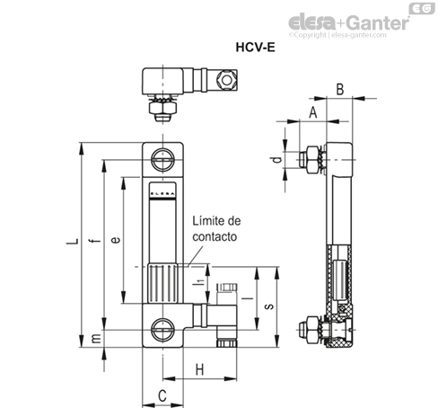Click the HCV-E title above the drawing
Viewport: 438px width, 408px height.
pos(255,48)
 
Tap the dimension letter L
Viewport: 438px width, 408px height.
pos(72,241)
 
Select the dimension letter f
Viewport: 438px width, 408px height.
pos(95,240)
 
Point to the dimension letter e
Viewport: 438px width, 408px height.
pos(116,240)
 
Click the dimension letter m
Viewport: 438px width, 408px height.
pos(96,339)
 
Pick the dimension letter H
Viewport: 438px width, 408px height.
pos(199,369)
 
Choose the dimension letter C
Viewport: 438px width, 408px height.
pos(162,396)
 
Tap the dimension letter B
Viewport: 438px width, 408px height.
pos(340,89)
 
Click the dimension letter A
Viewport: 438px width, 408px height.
pos(312,112)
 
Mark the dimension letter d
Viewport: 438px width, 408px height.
pos(278,160)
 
